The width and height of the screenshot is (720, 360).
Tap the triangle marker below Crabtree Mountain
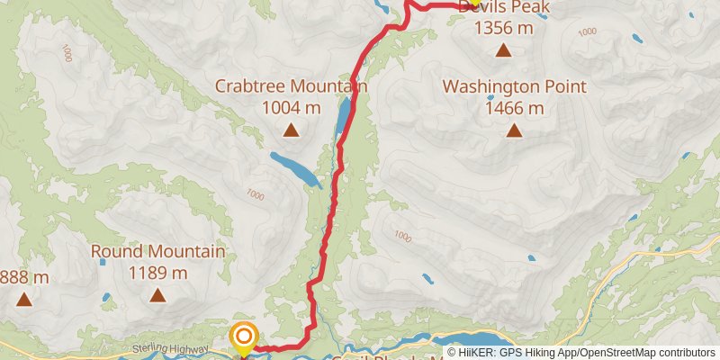pos(291,130)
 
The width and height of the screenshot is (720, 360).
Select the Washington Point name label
pos(514,87)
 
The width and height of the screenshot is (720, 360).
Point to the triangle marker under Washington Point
pos(514,130)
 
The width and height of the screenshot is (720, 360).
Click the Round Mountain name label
pos(157,251)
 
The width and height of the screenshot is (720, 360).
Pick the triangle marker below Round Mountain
pos(157,294)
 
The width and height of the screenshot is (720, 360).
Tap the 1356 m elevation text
pos(504,28)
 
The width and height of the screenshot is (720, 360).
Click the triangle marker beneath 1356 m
pos(503,50)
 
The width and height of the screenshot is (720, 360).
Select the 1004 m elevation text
pos(291,108)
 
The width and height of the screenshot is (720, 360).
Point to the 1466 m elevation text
pos(514,109)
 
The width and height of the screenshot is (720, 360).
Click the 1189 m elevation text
pos(157,273)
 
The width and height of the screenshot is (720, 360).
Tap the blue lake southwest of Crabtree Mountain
pos(294,167)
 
